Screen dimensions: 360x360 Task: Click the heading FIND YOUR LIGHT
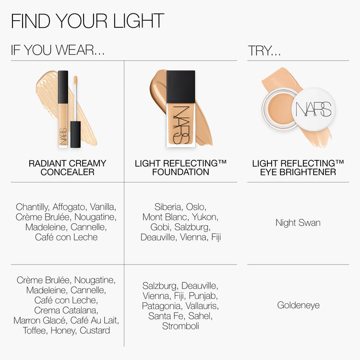pyautogui.click(x=87, y=21)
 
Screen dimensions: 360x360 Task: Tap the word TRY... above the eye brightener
pyautogui.click(x=264, y=51)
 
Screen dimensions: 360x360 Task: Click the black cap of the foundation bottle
pyautogui.click(x=181, y=86)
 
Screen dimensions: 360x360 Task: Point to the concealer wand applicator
pyautogui.click(x=75, y=103)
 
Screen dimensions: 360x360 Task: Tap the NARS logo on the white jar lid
pyautogui.click(x=313, y=110)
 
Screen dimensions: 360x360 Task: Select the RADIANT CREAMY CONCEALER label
pyautogui.click(x=67, y=168)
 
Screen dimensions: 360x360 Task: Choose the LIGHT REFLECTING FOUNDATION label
pyautogui.click(x=180, y=168)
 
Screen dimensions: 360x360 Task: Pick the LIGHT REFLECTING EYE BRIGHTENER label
pyautogui.click(x=298, y=168)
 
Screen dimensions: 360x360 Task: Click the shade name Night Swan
pyautogui.click(x=298, y=223)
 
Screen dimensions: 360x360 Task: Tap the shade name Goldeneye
pyautogui.click(x=298, y=305)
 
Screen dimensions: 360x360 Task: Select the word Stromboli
pyautogui.click(x=180, y=326)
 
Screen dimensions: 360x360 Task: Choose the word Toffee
pyautogui.click(x=35, y=330)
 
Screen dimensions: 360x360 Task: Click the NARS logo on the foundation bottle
pyautogui.click(x=180, y=124)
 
